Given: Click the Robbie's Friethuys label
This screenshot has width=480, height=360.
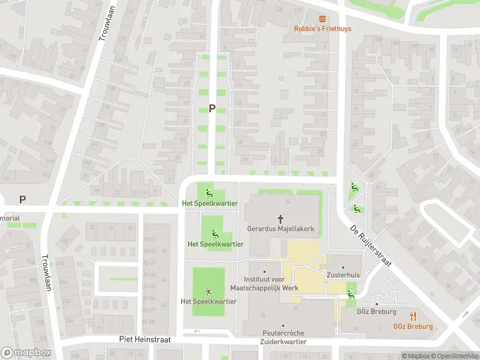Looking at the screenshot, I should (x=322, y=29).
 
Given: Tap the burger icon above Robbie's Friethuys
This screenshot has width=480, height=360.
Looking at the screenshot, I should (x=322, y=19).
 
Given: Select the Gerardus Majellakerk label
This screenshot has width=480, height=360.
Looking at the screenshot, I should (x=280, y=229).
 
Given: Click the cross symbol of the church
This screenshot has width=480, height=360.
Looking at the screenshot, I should (x=280, y=219).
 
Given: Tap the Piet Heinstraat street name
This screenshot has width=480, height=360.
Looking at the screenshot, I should (x=145, y=339).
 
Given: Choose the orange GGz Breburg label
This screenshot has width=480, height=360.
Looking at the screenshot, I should (x=413, y=327).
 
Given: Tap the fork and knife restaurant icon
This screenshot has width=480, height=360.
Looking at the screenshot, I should (x=413, y=316).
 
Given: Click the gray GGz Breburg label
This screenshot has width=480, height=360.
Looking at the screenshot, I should (x=377, y=312).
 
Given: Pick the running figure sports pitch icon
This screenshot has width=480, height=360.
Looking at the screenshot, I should (x=208, y=291).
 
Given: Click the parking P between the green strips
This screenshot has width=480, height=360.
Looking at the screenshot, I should (x=211, y=109).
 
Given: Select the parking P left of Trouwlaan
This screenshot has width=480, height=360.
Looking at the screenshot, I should (x=23, y=199).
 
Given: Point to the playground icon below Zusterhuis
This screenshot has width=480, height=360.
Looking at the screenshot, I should (x=350, y=293).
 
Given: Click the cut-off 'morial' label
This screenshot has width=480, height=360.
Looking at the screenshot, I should (x=10, y=218).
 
